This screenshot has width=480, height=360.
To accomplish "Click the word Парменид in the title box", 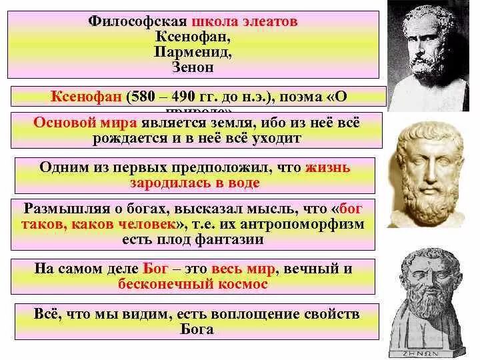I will pyautogui.click(x=193, y=51).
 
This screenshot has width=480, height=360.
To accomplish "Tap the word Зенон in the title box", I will pyautogui.click(x=193, y=67).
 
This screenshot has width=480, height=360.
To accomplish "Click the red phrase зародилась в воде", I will pyautogui.click(x=194, y=182).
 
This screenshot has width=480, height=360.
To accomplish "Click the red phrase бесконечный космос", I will pyautogui.click(x=193, y=283).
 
